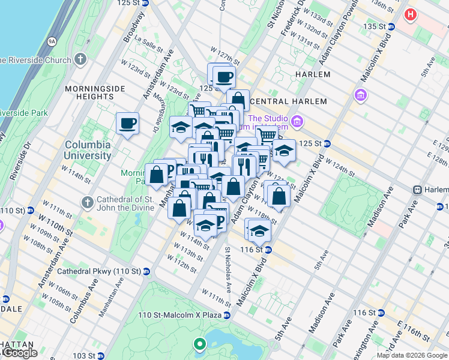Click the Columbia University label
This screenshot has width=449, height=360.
pyautogui.click(x=88, y=150)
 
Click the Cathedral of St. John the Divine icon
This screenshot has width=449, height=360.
pyautogui.click(x=88, y=201)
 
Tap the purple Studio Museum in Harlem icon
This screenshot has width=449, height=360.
pyautogui.click(x=297, y=123)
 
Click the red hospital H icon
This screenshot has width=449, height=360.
pyautogui.click(x=411, y=14)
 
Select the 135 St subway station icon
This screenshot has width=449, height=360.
pyautogui.click(x=391, y=26)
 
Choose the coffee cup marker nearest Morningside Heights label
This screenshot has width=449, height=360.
pyautogui.click(x=127, y=124)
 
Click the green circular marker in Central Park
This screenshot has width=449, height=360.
pyautogui.click(x=199, y=344)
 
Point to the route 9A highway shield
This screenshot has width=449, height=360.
pyautogui.click(x=52, y=41)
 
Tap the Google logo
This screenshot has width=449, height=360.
pyautogui.click(x=20, y=353)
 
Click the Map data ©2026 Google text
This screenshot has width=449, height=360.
pyautogui.click(x=411, y=356)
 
